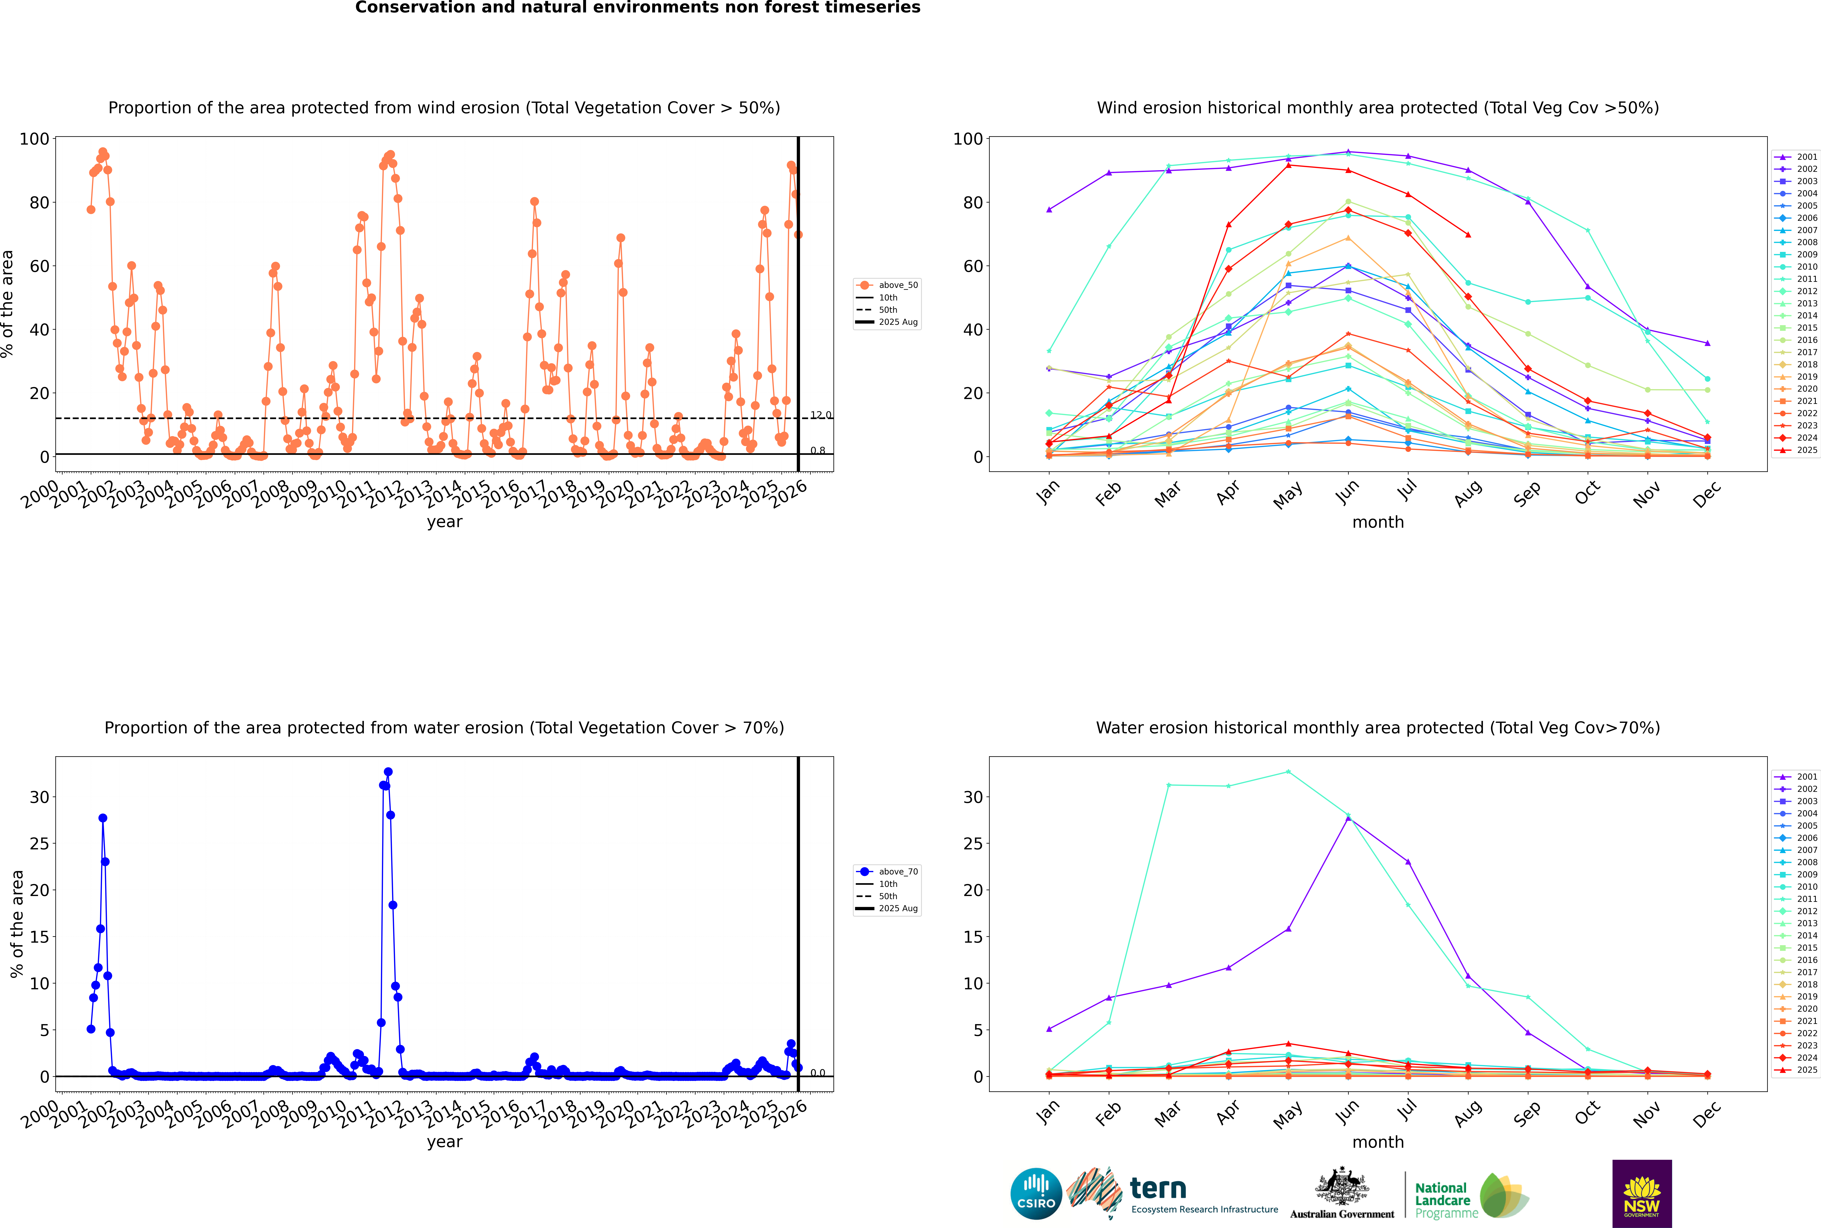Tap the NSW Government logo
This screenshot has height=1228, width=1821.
[1642, 1193]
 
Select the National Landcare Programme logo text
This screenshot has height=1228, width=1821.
[1442, 1200]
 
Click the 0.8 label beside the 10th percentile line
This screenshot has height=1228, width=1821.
[817, 450]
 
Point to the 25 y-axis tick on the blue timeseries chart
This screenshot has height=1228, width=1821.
[39, 844]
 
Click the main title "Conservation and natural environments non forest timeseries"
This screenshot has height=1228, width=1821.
[637, 8]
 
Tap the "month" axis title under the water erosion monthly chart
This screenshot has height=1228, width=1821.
[1378, 1142]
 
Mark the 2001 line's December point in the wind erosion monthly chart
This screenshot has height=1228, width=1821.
[1708, 343]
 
